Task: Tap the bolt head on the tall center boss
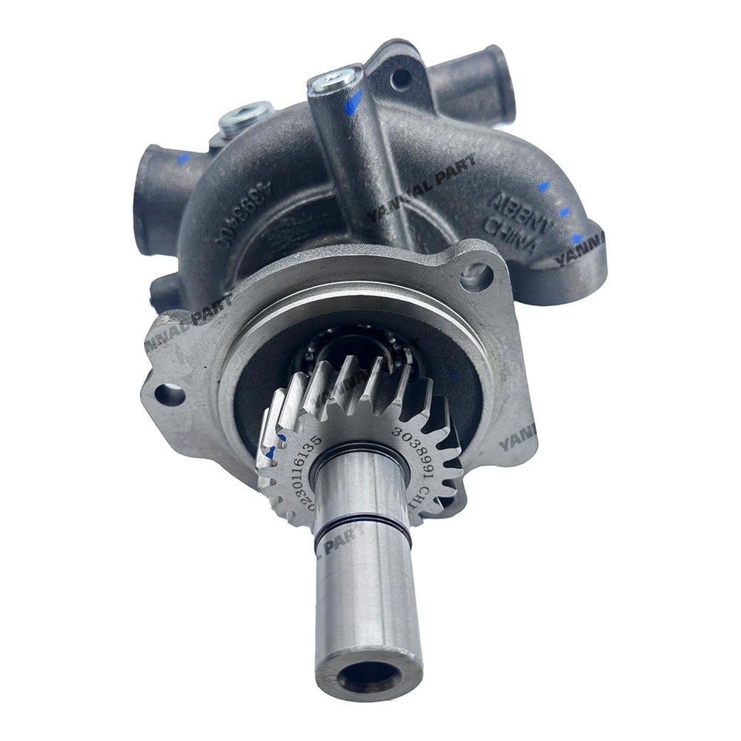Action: pos(336,79)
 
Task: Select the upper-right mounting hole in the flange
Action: pos(476,276)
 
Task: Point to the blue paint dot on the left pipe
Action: pos(184,158)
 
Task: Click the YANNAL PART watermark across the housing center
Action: pos(422,185)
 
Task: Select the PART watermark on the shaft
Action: pos(341,539)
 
